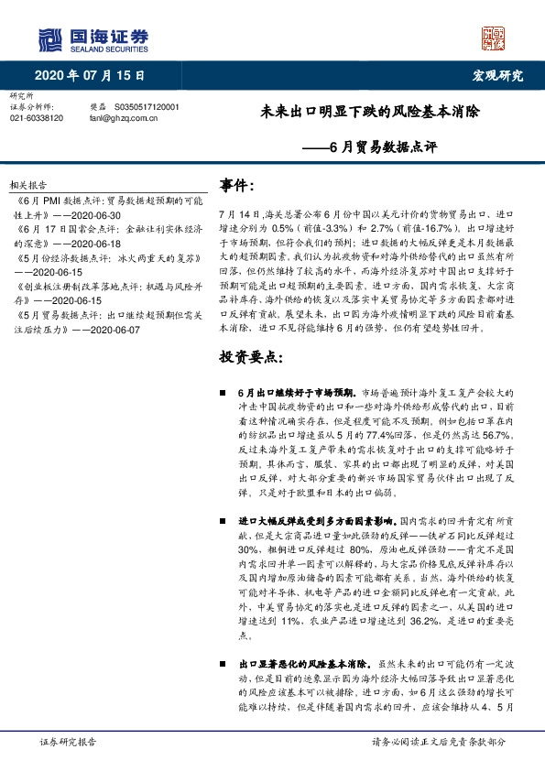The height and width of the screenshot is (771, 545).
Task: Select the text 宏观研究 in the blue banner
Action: (x=498, y=75)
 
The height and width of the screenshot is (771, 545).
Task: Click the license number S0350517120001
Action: (x=147, y=107)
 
